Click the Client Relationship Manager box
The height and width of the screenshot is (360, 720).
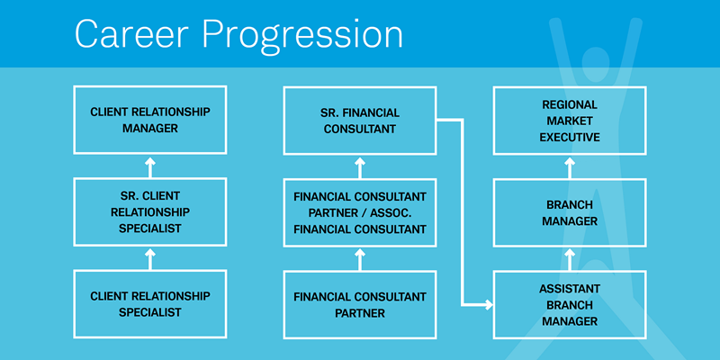tap(150, 120)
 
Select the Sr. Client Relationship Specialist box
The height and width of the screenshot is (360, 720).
tap(150, 212)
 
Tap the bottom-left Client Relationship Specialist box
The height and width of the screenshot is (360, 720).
tap(150, 304)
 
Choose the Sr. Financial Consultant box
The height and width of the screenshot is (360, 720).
tap(360, 120)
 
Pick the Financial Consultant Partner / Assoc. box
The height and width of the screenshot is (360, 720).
tap(360, 212)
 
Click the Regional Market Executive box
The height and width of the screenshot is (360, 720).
tap(570, 120)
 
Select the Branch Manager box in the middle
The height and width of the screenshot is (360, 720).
tap(570, 212)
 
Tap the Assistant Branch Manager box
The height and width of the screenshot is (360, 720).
tap(570, 304)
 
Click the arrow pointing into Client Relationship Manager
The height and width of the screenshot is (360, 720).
tap(150, 166)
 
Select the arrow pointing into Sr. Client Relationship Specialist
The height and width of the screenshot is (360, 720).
tap(150, 258)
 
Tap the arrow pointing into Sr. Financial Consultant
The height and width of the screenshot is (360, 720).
tap(360, 166)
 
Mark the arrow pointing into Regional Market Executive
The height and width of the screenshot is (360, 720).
tap(570, 166)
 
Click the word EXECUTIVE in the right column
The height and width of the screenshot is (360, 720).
tap(570, 137)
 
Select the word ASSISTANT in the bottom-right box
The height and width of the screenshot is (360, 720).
tap(570, 288)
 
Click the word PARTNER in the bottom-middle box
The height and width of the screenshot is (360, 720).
tap(360, 313)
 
